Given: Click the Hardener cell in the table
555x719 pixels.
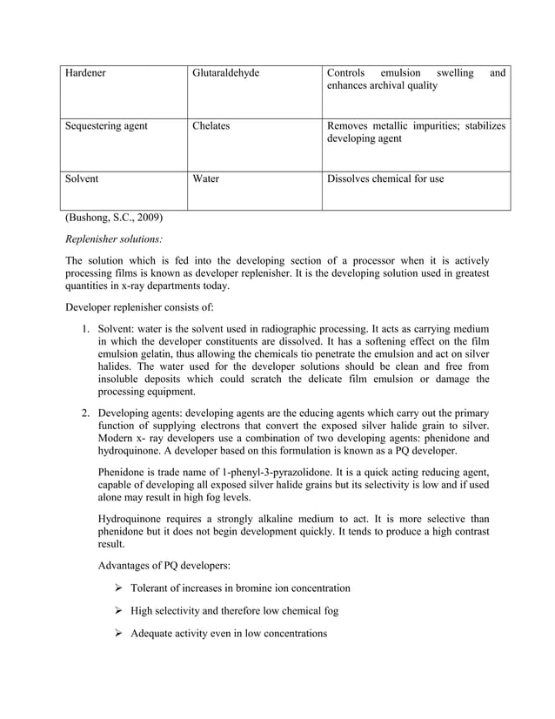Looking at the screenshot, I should click(85, 73).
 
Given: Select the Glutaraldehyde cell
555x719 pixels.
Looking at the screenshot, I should click(225, 73).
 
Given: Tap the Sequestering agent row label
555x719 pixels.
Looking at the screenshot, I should click(106, 126).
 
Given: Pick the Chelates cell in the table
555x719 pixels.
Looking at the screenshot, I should click(211, 126).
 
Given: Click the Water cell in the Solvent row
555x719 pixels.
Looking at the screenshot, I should click(205, 178).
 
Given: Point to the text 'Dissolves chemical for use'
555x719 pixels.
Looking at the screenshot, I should click(384, 178).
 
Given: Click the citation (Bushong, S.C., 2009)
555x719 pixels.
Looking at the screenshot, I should click(113, 217).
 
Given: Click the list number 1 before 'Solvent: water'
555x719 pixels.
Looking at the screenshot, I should click(85, 329).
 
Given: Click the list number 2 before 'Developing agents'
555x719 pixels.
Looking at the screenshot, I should click(85, 412).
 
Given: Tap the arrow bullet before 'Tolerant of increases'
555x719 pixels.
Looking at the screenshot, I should click(118, 588).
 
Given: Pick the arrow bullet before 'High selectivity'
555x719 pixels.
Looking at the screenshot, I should click(118, 611).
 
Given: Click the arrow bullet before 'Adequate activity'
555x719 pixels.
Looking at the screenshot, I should click(118, 634).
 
